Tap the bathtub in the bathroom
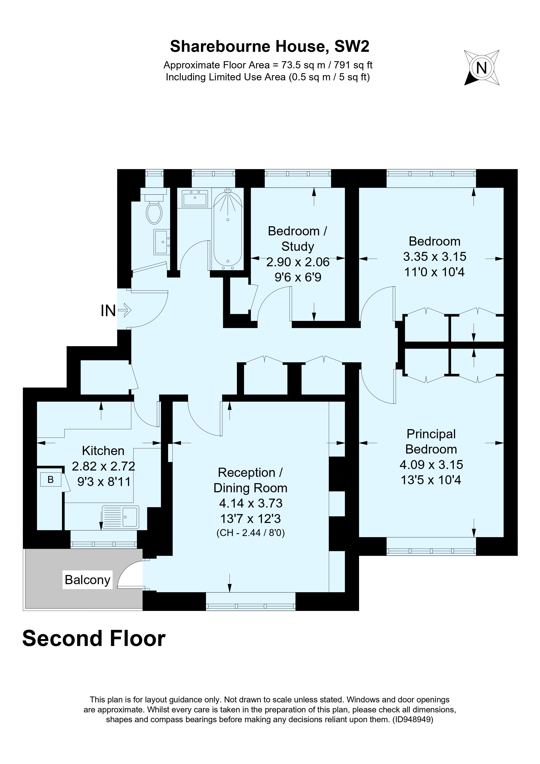(x=228, y=230)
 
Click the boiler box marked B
(x=51, y=479)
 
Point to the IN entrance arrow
(x=125, y=310)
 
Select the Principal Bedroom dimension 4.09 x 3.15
(x=431, y=465)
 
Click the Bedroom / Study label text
(x=297, y=239)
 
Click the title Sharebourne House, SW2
(x=270, y=47)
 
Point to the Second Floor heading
(x=94, y=639)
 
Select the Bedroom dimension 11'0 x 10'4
(x=434, y=272)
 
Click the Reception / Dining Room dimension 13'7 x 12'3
(x=251, y=518)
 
